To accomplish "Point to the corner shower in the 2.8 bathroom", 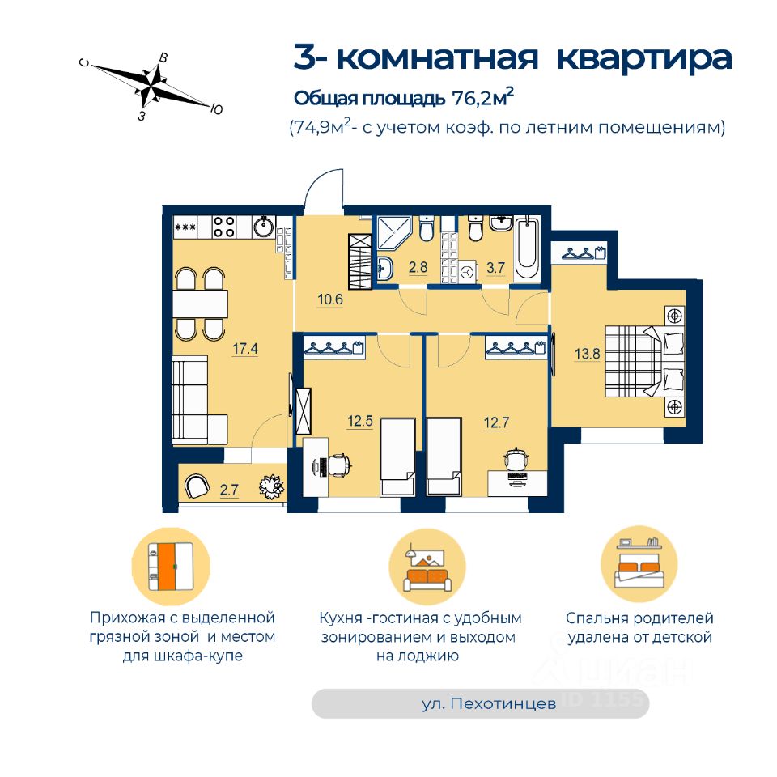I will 394,234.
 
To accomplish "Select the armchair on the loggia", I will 197,486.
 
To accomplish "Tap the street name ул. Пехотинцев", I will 489,704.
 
